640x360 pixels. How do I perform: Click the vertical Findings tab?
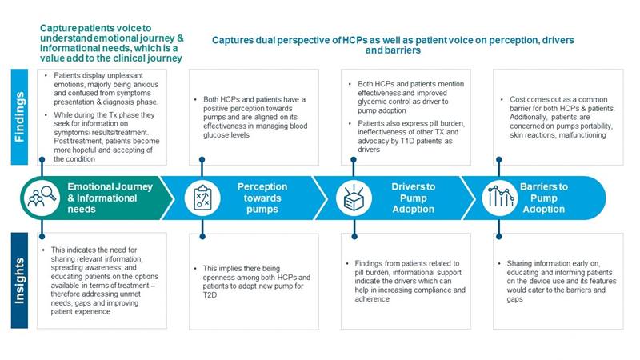[19, 117]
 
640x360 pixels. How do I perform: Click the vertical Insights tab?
[19, 281]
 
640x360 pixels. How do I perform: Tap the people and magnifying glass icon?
[42, 198]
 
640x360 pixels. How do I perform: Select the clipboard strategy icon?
[202, 198]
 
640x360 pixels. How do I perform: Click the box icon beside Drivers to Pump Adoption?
[354, 198]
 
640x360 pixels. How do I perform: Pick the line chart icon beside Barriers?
[499, 198]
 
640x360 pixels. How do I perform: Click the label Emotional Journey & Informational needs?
[110, 198]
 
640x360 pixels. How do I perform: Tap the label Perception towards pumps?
[262, 198]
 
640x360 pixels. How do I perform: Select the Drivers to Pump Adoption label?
[414, 198]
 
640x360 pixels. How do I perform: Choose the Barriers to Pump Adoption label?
[544, 198]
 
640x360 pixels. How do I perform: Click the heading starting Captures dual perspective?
[393, 46]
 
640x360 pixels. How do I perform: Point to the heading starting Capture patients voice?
[111, 43]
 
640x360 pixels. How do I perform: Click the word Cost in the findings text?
[518, 99]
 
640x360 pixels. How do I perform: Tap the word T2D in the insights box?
[210, 295]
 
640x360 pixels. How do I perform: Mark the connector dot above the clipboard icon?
[202, 159]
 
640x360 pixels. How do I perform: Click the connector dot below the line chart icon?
[498, 236]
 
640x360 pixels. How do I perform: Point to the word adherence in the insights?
[372, 299]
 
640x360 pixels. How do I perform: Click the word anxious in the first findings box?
[146, 85]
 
